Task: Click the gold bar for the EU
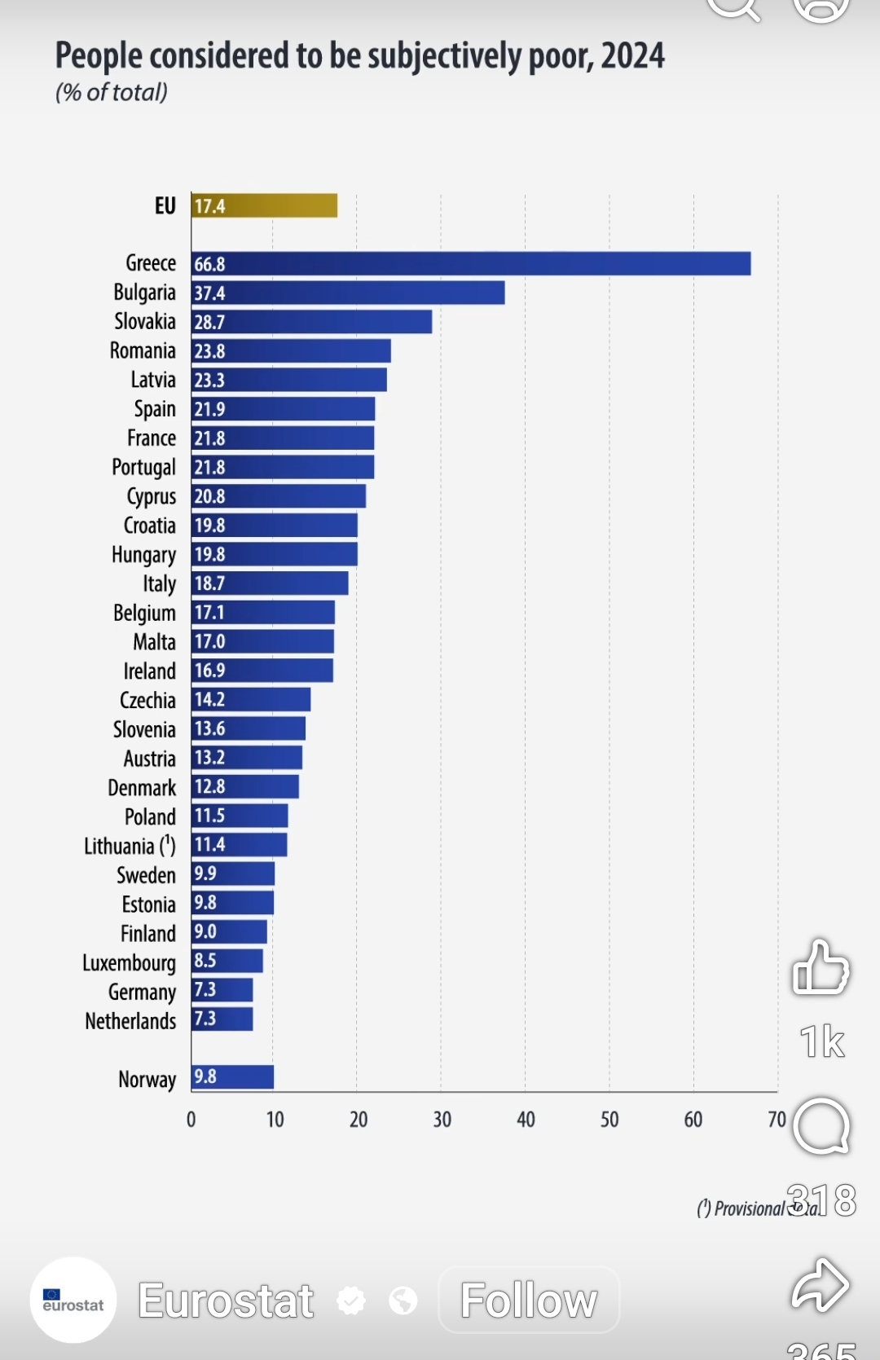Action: tap(264, 205)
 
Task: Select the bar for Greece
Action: tap(471, 264)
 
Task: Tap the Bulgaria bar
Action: tap(348, 293)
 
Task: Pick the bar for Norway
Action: tap(232, 1076)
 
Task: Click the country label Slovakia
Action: tap(144, 322)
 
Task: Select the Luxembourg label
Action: tap(129, 962)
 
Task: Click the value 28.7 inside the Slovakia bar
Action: tap(209, 323)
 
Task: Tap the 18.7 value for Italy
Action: tap(209, 583)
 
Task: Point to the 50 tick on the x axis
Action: tap(609, 1120)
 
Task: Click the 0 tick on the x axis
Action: tap(191, 1120)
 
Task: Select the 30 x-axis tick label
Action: tap(442, 1120)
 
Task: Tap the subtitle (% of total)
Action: tap(112, 92)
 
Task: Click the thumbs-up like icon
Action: tap(821, 967)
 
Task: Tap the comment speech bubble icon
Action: tap(821, 1127)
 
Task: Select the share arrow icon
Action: tap(821, 1285)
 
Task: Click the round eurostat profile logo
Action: tap(73, 1300)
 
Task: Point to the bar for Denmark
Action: tap(245, 786)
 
